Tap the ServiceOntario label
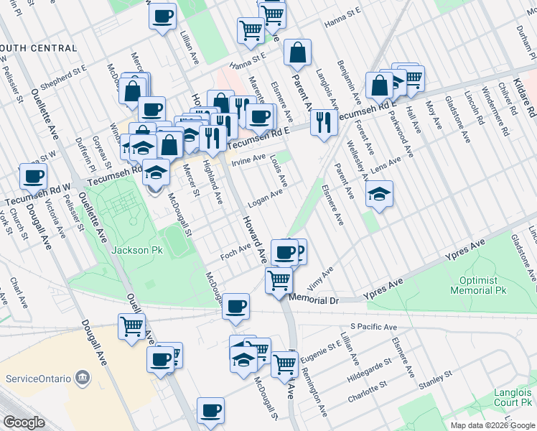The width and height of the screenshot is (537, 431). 39,378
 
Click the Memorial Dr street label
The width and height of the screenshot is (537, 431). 312,297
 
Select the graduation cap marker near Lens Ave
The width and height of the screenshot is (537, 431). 379,193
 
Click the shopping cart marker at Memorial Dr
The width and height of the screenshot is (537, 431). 279,279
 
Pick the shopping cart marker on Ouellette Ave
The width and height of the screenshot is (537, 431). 133,326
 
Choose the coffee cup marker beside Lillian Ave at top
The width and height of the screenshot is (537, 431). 163,15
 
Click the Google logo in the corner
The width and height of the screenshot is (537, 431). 24,422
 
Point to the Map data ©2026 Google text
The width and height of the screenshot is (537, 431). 492,425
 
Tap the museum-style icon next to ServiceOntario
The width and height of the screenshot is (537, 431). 84,378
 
